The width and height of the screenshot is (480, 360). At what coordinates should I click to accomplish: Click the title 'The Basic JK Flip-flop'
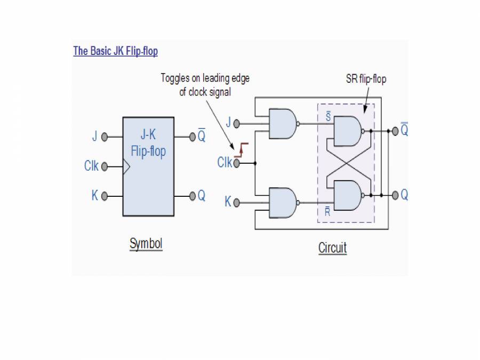click(x=115, y=51)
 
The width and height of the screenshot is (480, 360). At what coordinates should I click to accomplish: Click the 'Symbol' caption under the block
click(x=146, y=244)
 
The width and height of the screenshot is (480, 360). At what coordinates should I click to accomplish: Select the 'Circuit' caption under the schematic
click(x=332, y=248)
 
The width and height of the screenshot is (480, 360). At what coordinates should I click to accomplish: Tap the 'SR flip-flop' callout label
click(x=366, y=79)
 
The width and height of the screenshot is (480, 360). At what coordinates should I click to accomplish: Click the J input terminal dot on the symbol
click(x=105, y=137)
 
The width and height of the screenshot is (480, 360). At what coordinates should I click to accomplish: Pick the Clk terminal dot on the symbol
click(x=105, y=167)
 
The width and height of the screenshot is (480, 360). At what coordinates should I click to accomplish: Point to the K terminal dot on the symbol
click(x=105, y=196)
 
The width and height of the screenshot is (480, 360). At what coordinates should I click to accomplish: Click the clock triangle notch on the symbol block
click(x=126, y=167)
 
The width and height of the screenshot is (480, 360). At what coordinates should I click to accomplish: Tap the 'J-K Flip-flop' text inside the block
click(x=148, y=143)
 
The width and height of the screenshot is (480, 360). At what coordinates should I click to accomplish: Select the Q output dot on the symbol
click(x=193, y=196)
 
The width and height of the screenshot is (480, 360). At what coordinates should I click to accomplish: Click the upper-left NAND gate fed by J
click(x=283, y=124)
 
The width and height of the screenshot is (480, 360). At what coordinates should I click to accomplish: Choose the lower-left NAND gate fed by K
click(x=283, y=202)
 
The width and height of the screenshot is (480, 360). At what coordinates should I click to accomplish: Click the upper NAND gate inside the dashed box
click(x=346, y=130)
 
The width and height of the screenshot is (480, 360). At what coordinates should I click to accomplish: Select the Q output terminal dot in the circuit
click(x=395, y=196)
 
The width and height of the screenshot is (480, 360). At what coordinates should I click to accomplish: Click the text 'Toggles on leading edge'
click(x=205, y=79)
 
